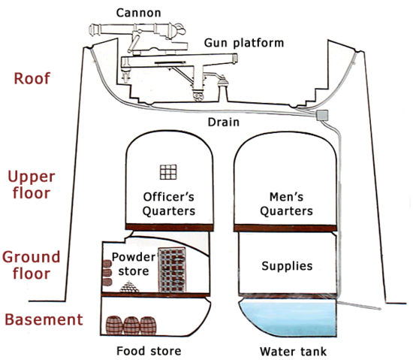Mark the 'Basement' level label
pos(43,319)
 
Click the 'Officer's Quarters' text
pos(169,204)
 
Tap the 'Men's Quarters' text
pos(285,204)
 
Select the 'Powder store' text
pos(133,263)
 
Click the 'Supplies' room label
pos(285,266)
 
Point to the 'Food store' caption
pos(149,350)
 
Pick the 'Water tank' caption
pos(286,350)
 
